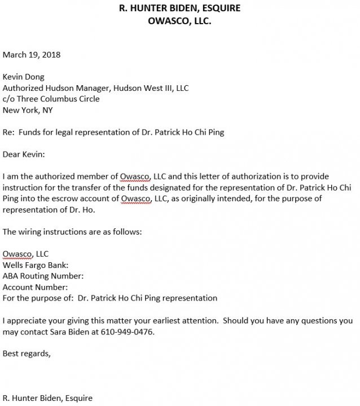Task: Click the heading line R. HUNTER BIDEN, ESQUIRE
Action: pyautogui.click(x=180, y=8)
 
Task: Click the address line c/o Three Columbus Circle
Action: pyautogui.click(x=51, y=99)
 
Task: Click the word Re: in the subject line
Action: pyautogui.click(x=8, y=132)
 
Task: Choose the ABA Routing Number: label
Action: pyautogui.click(x=43, y=276)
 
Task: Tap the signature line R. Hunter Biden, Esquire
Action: pyautogui.click(x=47, y=398)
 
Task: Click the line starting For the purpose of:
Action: pyautogui.click(x=110, y=298)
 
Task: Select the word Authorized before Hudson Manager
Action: pyautogui.click(x=23, y=88)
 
